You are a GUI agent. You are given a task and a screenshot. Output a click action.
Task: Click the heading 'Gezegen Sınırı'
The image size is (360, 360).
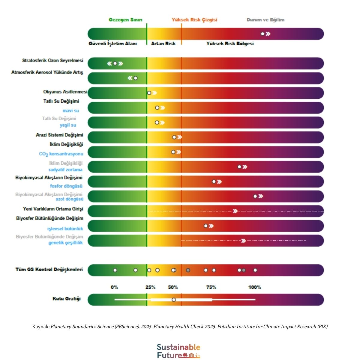[125, 20]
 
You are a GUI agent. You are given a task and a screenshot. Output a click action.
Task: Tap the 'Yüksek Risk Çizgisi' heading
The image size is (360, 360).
[194, 20]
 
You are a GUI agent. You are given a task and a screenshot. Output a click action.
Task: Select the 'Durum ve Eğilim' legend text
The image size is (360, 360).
[265, 20]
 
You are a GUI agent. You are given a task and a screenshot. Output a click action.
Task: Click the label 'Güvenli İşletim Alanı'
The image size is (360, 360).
[113, 43]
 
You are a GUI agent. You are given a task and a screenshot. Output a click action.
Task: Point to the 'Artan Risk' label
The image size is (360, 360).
[163, 43]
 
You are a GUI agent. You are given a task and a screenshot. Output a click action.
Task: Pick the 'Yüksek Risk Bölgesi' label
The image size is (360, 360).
[230, 43]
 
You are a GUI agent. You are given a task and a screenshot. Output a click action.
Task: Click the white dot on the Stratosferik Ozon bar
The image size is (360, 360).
[115, 63]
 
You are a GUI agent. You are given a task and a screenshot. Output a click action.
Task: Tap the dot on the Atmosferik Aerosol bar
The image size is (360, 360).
[136, 78]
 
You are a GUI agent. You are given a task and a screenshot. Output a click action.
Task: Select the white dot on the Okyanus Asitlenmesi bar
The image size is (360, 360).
[149, 93]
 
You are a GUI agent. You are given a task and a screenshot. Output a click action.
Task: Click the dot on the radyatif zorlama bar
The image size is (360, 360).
[239, 167]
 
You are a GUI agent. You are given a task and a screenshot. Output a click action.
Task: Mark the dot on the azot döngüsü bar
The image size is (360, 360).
[255, 196]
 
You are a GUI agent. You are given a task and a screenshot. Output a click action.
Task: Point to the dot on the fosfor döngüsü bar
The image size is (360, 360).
[214, 181]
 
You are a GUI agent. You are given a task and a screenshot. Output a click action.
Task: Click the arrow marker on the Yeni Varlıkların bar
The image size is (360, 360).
[235, 211]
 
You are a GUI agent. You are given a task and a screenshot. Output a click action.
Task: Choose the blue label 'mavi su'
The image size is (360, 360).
[71, 111]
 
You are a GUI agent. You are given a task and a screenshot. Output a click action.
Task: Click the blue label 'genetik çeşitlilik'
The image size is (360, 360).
[65, 243]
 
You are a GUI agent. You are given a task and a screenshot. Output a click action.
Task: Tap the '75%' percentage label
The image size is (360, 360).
[211, 287]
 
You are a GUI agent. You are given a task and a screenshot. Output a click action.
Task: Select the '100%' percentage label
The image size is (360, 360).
[255, 287]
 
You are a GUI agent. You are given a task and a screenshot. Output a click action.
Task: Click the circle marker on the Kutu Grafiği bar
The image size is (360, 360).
[174, 300]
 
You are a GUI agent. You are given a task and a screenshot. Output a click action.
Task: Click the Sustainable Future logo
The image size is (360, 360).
[178, 351]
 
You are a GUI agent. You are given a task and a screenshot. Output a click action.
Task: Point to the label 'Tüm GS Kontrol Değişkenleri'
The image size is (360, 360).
[49, 269]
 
